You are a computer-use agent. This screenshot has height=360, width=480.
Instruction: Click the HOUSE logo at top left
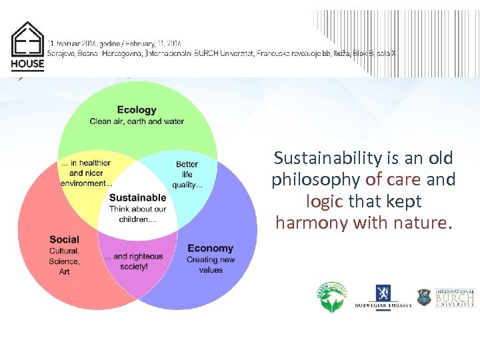point(27,46)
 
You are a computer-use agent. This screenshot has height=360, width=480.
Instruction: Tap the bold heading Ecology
point(137,110)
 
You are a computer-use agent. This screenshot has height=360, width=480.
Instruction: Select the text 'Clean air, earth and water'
point(137,121)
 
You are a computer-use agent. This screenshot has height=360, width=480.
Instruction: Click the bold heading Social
point(64,239)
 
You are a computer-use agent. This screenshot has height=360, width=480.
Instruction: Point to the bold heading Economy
point(211,249)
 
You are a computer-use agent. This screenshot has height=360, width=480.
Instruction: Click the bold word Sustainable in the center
point(137,197)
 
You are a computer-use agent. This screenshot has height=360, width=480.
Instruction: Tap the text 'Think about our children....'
point(137,214)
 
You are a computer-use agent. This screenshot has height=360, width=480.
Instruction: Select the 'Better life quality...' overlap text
point(187,174)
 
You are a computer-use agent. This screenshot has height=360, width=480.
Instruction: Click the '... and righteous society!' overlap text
point(138,261)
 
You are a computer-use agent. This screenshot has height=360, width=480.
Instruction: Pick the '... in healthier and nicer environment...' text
point(86,173)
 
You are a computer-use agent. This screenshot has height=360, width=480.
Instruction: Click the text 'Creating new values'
point(211,265)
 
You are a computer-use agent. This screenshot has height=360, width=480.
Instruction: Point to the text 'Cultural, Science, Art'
point(64,261)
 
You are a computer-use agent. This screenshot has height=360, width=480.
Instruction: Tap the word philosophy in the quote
point(316,179)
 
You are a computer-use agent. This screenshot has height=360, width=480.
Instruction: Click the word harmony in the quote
point(303,222)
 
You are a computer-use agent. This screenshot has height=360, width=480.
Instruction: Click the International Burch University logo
point(445,298)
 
